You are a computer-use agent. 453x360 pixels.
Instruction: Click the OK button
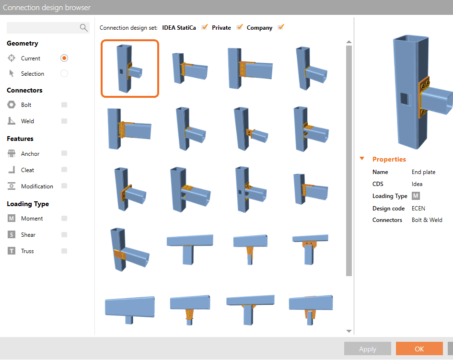419,348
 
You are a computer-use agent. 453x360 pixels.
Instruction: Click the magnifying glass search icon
83,28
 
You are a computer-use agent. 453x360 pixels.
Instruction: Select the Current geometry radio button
64,58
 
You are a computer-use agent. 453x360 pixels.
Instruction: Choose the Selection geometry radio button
64,74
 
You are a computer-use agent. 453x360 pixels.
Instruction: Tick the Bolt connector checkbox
64,105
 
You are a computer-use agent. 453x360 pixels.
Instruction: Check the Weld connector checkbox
64,121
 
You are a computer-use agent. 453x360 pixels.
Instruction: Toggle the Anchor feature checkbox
64,153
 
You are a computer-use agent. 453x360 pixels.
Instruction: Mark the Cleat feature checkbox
64,170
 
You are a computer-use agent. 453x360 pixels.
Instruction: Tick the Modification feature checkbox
64,186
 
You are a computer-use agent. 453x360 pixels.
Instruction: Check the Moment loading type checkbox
64,219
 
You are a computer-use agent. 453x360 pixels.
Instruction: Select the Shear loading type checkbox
64,234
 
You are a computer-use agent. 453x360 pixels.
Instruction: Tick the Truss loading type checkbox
64,251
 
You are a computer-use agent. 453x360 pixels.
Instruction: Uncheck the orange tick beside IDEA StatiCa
205,27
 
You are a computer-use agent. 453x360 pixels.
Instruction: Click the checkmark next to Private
240,27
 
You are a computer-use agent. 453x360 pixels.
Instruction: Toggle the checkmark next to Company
281,27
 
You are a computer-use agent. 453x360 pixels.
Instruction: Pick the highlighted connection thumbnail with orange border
130,69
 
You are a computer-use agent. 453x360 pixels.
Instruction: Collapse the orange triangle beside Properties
362,159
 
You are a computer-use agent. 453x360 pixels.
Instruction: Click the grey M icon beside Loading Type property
416,196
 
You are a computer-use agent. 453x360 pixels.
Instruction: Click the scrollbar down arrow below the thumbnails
348,331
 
